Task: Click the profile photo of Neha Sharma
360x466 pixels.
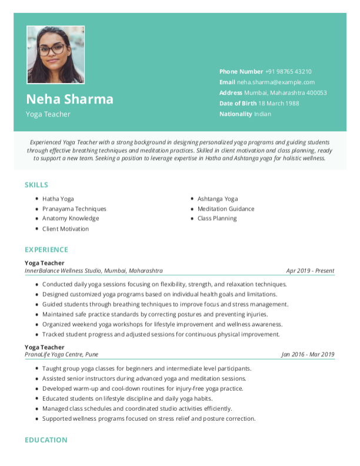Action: point(55,55)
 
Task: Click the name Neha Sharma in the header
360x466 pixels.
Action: point(69,99)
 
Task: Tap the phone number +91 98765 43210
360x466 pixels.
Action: point(288,71)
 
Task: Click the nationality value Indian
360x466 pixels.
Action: point(262,114)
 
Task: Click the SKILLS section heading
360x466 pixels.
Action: point(36,185)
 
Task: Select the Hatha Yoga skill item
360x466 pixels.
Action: point(58,199)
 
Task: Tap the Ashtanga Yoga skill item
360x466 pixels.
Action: point(218,199)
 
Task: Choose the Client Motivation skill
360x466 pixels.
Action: point(65,229)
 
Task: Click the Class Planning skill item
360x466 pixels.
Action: point(217,218)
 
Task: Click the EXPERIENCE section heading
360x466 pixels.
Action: point(46,249)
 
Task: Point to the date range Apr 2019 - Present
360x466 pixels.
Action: point(310,271)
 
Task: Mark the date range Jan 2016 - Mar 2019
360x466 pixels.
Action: point(308,354)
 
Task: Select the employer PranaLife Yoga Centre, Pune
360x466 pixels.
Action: point(61,354)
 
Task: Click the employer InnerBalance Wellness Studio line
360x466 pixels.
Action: point(94,271)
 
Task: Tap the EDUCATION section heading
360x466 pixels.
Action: point(46,440)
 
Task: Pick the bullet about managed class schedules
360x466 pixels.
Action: point(137,408)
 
